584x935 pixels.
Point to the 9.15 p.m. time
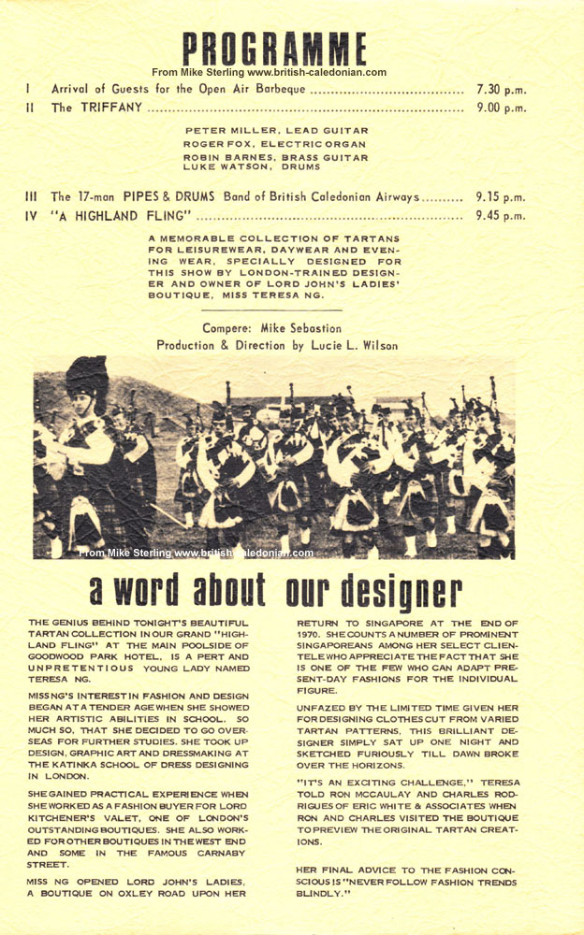click(501, 197)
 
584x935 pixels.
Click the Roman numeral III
click(30, 197)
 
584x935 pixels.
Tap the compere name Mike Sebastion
click(302, 328)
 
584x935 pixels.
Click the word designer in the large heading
click(412, 591)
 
